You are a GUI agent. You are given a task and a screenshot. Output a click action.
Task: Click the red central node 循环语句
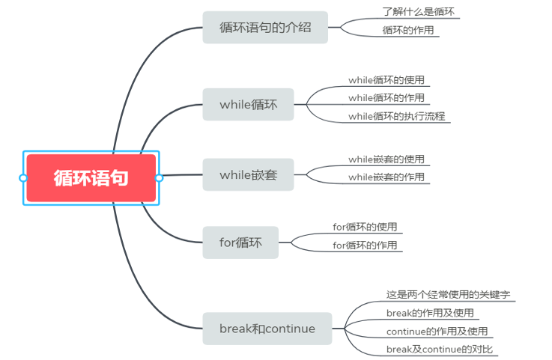tap(91, 178)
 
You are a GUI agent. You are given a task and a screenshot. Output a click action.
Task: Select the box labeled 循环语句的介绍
tap(265, 28)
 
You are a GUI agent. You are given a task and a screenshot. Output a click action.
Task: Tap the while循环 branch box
tap(248, 105)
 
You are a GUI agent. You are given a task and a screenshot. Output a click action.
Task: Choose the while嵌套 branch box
tap(248, 175)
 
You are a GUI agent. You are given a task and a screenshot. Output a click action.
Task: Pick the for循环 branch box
tap(240, 242)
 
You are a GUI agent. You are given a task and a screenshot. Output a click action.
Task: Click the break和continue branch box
tap(267, 329)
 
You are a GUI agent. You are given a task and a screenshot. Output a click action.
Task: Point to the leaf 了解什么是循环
tap(418, 13)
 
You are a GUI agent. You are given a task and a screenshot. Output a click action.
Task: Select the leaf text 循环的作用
tap(407, 31)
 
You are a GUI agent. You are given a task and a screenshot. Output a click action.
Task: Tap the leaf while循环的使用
tap(386, 80)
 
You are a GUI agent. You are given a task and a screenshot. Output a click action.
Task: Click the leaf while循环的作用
tap(386, 98)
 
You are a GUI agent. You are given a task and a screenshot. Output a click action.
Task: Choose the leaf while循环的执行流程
tap(398, 116)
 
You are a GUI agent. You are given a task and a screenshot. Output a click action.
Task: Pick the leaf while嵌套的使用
tap(386, 159)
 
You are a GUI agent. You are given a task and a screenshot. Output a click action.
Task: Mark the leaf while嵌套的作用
tap(386, 177)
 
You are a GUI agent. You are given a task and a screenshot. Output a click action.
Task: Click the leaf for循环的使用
tap(365, 227)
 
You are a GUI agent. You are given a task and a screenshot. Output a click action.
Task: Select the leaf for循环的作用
tap(365, 245)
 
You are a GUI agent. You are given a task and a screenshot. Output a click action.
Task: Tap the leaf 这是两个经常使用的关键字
tap(448, 295)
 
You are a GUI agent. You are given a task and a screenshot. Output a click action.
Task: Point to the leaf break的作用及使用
tap(430, 313)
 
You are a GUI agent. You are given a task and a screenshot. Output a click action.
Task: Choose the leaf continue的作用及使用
tap(437, 331)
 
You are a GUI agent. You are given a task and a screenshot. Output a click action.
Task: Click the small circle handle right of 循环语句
tap(159, 178)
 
